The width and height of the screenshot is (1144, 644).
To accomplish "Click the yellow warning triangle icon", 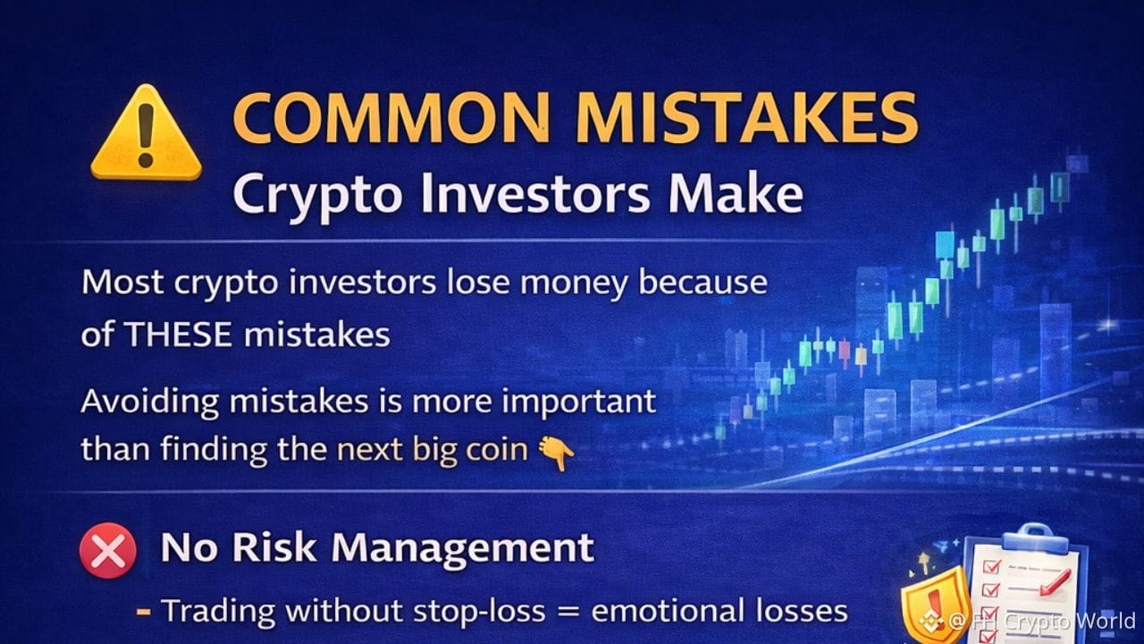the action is click(x=146, y=133).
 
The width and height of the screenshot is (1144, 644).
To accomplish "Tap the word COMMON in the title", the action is click(x=391, y=119).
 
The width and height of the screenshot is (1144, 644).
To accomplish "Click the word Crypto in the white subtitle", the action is click(x=316, y=198).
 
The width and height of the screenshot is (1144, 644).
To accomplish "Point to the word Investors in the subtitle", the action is click(x=535, y=195).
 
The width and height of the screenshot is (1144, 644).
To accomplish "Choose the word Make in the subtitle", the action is click(x=736, y=194).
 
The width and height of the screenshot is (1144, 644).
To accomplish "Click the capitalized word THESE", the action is click(x=177, y=335).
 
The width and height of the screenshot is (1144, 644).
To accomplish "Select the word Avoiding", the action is click(x=149, y=402).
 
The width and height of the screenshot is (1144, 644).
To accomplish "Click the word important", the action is click(x=578, y=402).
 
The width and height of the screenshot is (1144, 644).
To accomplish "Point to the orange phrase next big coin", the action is click(x=432, y=450).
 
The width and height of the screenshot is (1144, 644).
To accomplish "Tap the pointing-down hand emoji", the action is click(x=556, y=453).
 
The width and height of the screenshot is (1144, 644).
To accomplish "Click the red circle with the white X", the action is click(x=108, y=550).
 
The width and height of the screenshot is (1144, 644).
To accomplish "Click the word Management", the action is click(x=463, y=550).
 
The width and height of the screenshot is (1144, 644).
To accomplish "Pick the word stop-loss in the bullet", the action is click(x=479, y=611).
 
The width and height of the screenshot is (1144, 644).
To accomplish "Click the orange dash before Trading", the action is click(x=144, y=611).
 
